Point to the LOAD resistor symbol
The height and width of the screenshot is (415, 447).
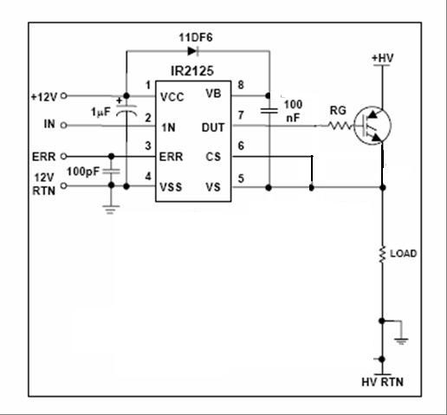click(x=381, y=254)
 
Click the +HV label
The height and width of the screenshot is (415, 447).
click(x=382, y=58)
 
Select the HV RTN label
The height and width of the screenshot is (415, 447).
click(x=381, y=382)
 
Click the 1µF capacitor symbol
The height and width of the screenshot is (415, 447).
click(x=126, y=113)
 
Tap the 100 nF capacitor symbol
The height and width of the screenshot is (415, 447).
click(x=269, y=111)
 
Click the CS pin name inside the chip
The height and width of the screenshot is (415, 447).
click(x=214, y=156)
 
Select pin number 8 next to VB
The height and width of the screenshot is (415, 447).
click(x=241, y=85)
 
